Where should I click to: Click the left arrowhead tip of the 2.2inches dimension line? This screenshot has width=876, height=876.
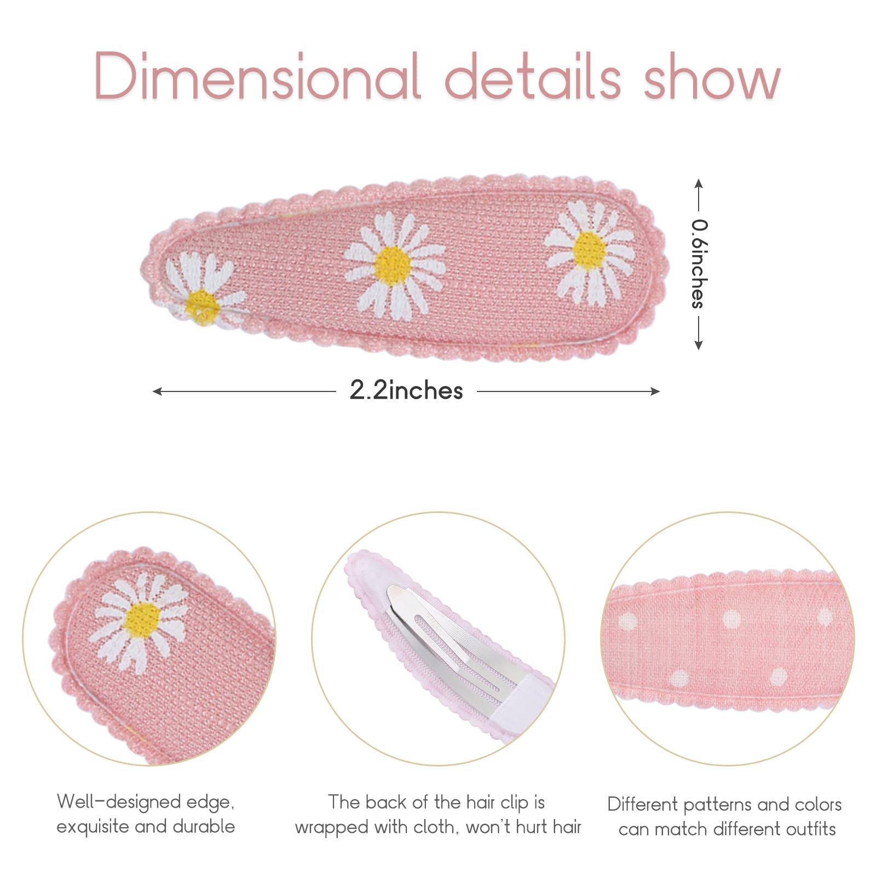pyautogui.click(x=153, y=391)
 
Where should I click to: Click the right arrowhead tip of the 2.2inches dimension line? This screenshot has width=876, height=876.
pyautogui.click(x=660, y=391)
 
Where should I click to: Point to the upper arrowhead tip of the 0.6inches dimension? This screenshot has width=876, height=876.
pyautogui.click(x=699, y=179)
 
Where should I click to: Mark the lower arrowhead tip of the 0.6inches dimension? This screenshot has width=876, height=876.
pyautogui.click(x=699, y=350)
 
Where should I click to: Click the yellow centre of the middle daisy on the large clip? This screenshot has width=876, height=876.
pyautogui.click(x=393, y=265)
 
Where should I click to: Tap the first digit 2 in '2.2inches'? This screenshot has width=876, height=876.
pyautogui.click(x=359, y=390)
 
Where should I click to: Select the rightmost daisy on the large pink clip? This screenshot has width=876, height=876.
pyautogui.click(x=590, y=252)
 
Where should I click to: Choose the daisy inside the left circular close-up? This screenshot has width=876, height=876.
pyautogui.click(x=140, y=621)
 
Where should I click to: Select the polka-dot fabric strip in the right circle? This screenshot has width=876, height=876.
pyautogui.click(x=728, y=641)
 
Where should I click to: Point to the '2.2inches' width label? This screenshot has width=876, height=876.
pyautogui.click(x=406, y=390)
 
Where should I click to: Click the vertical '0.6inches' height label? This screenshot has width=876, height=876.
pyautogui.click(x=699, y=264)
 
